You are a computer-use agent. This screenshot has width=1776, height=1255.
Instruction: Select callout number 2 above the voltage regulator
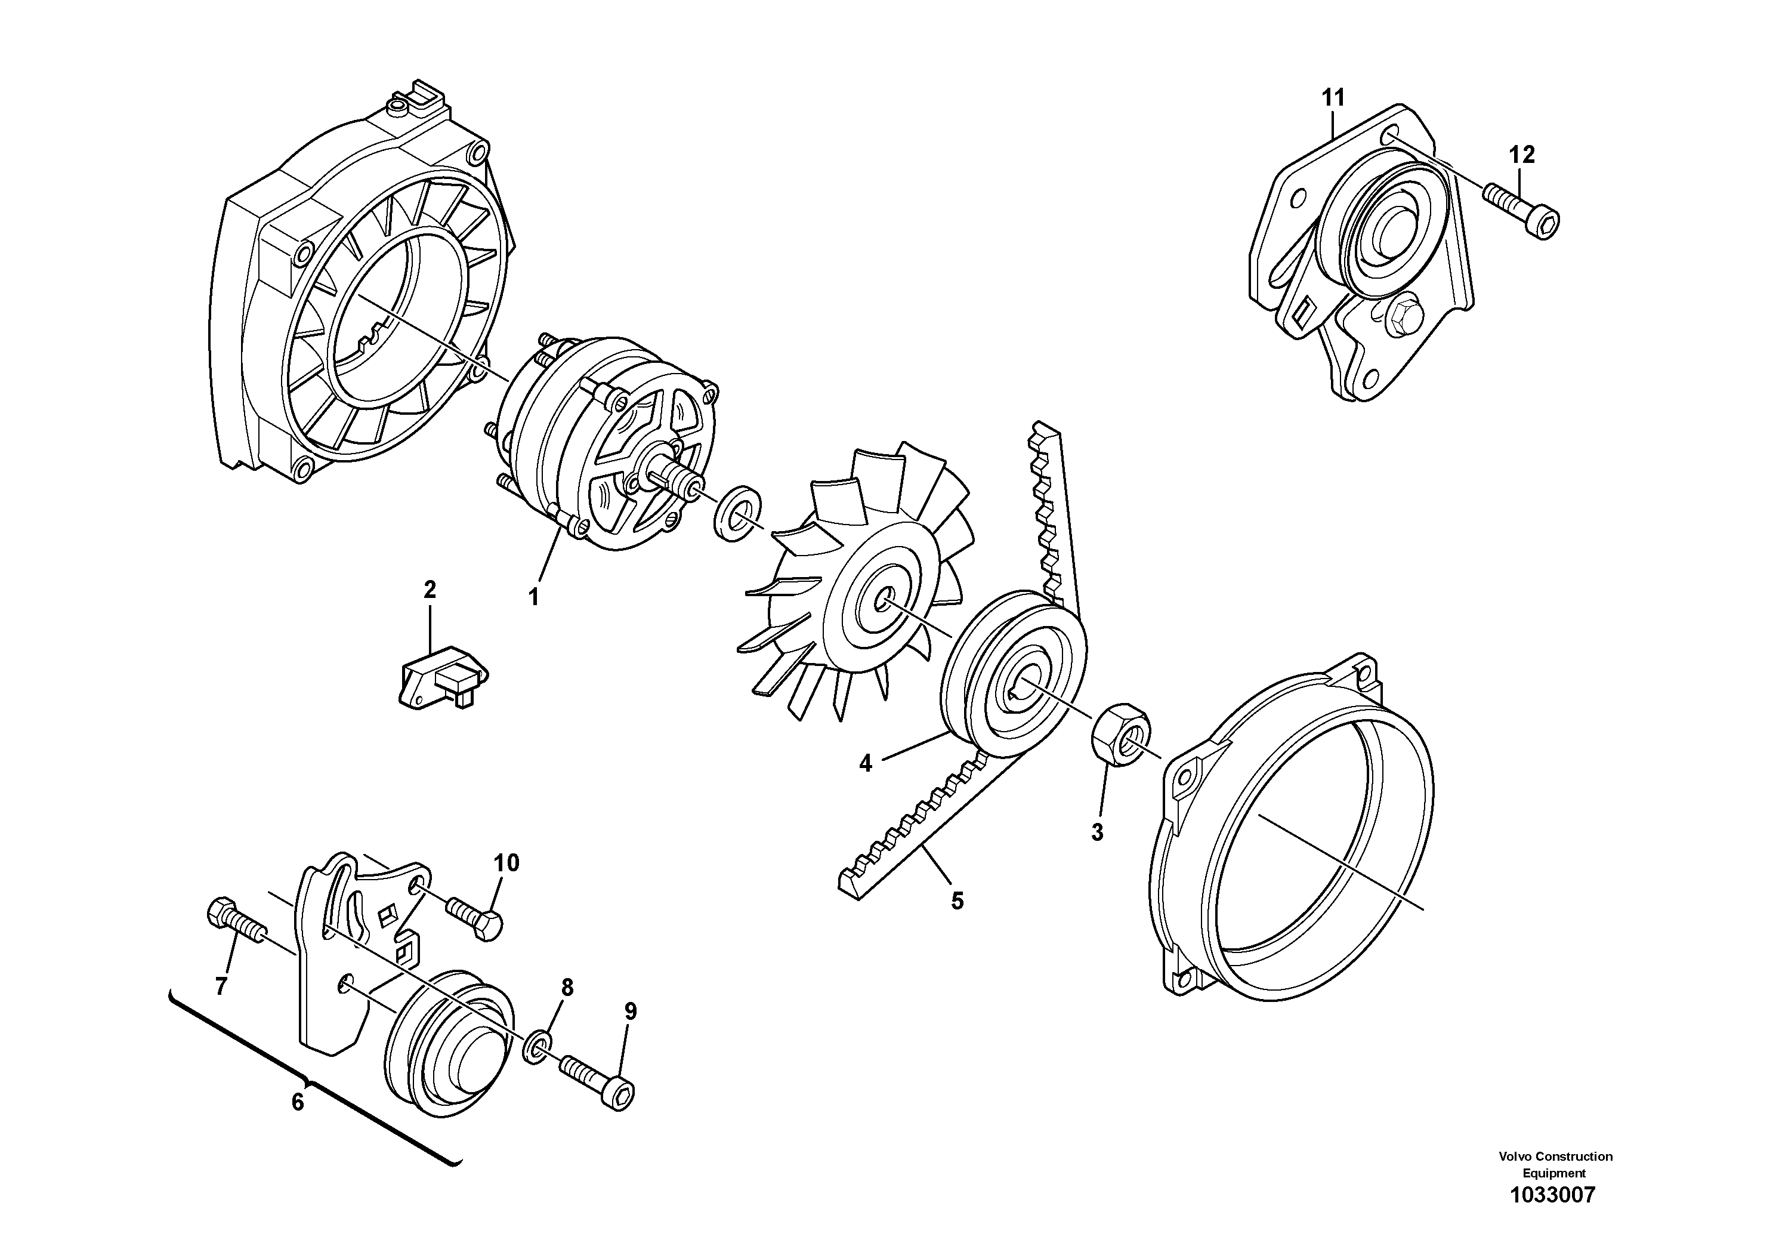430,590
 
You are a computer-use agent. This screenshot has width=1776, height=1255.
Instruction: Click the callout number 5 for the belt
957,901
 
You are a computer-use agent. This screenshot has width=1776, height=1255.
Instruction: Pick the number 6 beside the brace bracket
298,1102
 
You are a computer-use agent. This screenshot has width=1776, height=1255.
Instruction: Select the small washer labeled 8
538,1046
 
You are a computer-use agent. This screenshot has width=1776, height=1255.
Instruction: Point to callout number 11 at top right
1333,98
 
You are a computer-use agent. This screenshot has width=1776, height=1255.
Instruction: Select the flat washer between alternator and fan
736,513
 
